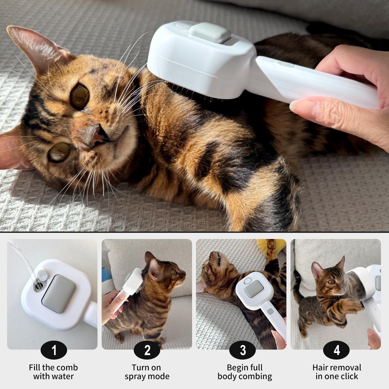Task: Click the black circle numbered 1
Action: (54, 350)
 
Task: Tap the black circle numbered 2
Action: (147, 350)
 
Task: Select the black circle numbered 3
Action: (242, 350)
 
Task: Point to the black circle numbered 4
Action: (336, 350)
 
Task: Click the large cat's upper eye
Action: (79, 97)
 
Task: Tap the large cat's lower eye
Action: (59, 152)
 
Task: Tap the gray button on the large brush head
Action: (210, 32)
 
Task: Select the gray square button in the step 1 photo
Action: (59, 294)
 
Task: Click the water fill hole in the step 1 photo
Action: (38, 286)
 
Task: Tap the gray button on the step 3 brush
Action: (254, 289)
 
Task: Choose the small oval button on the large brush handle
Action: (285, 64)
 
